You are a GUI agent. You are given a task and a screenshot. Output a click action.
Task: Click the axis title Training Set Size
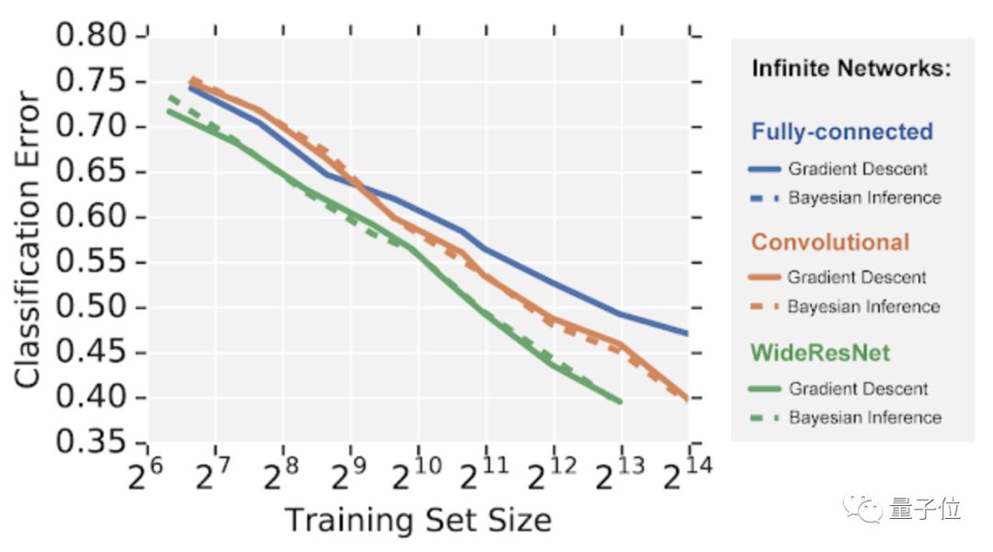[x=417, y=520]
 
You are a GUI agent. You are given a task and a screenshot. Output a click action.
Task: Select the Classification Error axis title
[x=28, y=239]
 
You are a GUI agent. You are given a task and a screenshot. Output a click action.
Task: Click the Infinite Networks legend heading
[x=850, y=68]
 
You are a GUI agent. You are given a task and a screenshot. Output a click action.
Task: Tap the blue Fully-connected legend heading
[x=841, y=132]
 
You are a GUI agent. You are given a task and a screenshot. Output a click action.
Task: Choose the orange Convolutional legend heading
[x=830, y=242]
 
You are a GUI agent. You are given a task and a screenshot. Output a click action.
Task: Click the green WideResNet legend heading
[x=821, y=353]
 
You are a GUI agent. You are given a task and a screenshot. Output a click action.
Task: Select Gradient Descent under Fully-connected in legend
[x=858, y=169]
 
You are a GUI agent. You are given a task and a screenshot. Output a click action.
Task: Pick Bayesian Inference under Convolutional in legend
[x=864, y=306]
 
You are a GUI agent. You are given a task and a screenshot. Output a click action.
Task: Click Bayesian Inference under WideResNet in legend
[x=864, y=418]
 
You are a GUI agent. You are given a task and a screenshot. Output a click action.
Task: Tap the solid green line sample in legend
[x=766, y=389]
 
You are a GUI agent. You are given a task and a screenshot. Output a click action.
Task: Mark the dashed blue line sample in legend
[x=766, y=198]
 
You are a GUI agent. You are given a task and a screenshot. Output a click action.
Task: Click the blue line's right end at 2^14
[x=687, y=332]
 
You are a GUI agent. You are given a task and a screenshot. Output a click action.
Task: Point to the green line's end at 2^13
[x=621, y=401]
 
